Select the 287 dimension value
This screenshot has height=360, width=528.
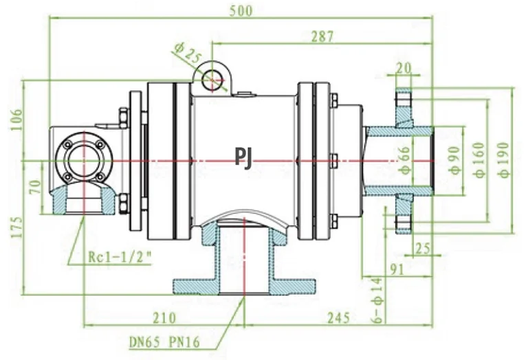320,36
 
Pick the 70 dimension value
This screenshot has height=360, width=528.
34,187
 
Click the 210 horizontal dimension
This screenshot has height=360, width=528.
163,318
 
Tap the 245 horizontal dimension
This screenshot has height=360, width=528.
338,318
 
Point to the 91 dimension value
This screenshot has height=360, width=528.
394,270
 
